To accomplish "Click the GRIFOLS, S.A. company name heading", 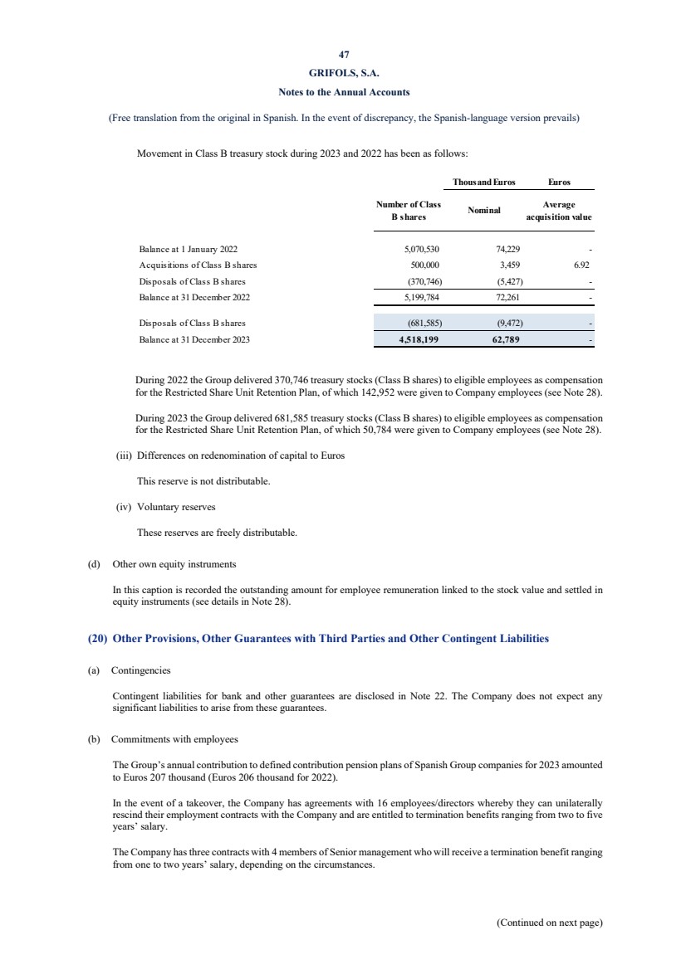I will [x=343, y=72].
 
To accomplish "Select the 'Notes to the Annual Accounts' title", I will [x=343, y=91].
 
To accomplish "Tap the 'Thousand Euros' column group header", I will [x=483, y=181].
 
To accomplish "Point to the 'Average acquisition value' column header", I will [x=559, y=211].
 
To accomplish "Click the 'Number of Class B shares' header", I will [x=409, y=211].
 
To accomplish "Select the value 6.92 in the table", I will [x=581, y=265].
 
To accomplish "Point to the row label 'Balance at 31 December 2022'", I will [x=194, y=297].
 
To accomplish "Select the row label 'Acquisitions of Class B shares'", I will [x=198, y=265].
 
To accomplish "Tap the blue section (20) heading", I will [x=318, y=639].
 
